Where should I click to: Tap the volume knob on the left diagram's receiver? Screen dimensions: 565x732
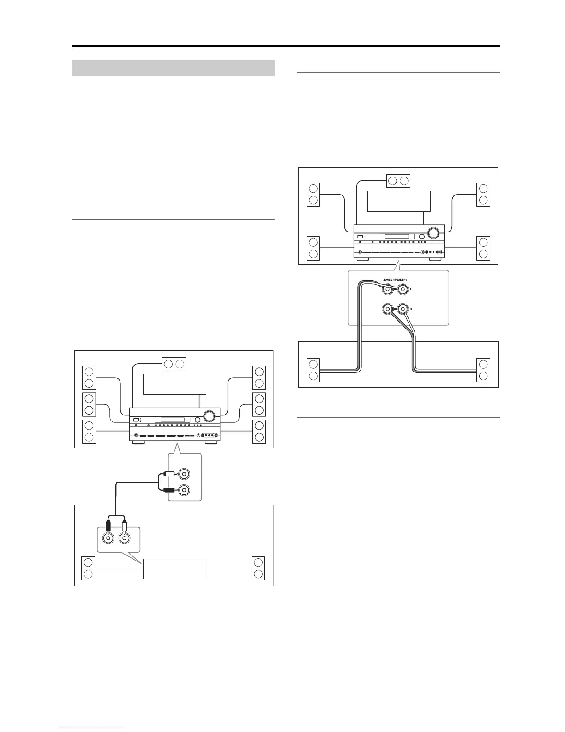(x=210, y=416)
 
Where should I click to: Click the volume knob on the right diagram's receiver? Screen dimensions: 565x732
(x=433, y=232)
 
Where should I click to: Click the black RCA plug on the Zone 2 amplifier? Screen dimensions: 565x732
(x=108, y=525)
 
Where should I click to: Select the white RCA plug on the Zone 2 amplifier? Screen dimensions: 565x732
(x=124, y=525)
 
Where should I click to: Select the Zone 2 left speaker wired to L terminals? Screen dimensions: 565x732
(x=313, y=370)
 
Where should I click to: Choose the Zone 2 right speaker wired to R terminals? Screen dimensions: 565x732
(x=483, y=370)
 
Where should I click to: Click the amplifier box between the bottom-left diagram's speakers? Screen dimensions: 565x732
(x=174, y=568)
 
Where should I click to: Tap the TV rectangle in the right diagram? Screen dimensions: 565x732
(x=398, y=201)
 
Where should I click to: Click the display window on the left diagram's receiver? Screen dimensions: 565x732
(x=172, y=420)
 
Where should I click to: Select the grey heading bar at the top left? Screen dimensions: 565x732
(x=174, y=68)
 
